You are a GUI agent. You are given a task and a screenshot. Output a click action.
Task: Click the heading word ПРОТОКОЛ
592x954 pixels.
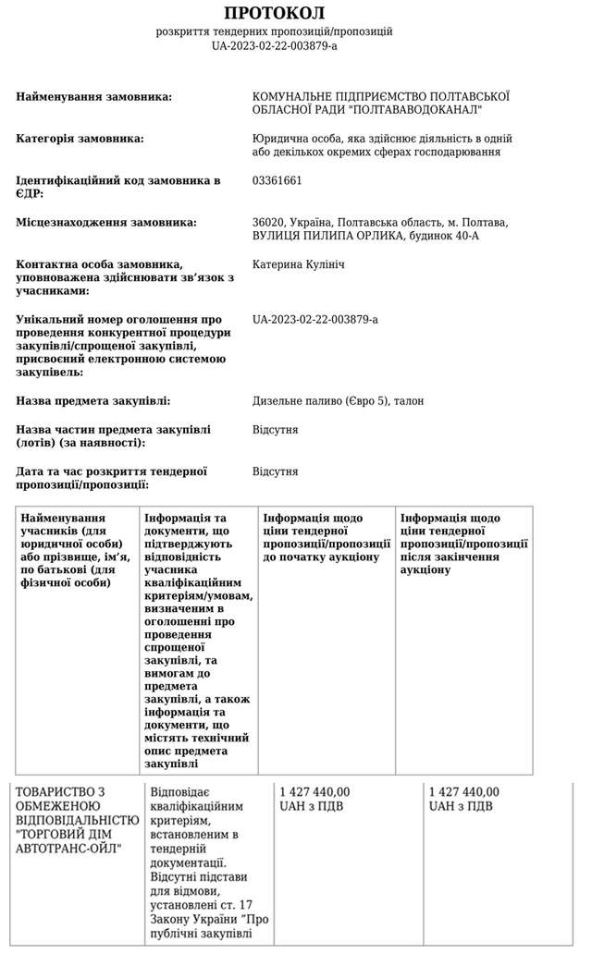274,13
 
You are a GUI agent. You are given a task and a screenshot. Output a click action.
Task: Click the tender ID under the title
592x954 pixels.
274,45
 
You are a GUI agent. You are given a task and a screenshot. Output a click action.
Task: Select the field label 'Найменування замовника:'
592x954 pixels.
94,97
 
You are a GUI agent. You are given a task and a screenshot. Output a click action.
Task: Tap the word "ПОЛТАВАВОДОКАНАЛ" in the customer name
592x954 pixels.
426,110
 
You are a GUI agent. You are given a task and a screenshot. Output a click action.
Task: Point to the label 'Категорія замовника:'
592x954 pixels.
80,139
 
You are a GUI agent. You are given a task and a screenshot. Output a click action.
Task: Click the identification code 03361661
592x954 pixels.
277,180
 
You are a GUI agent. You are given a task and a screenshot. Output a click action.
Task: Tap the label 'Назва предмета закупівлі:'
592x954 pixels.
93,401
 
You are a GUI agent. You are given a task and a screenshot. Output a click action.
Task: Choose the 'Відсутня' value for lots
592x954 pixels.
275,430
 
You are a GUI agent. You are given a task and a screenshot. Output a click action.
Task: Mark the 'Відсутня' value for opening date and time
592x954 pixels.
275,471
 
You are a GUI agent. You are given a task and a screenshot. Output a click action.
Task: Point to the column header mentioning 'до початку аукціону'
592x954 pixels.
327,538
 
